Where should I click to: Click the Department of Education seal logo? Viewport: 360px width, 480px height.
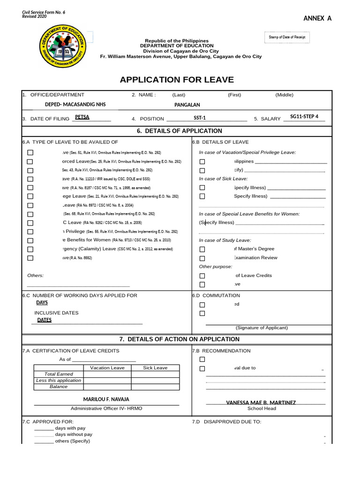pyautogui.click(x=63, y=50)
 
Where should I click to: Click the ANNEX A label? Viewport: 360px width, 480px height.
pyautogui.click(x=317, y=18)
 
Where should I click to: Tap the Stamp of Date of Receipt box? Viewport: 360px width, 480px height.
pyautogui.click(x=287, y=37)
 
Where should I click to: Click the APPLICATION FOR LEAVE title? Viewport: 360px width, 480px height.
pyautogui.click(x=177, y=80)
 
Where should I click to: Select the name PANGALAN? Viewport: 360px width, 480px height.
pyautogui.click(x=187, y=105)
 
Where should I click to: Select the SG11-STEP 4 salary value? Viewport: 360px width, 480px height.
pyautogui.click(x=304, y=117)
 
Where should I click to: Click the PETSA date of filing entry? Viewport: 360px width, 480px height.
pyautogui.click(x=82, y=117)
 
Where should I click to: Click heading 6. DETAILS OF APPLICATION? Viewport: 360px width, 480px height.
pyautogui.click(x=180, y=131)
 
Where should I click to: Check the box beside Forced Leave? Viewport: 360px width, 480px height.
pyautogui.click(x=30, y=162)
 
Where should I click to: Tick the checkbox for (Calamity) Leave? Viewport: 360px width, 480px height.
pyautogui.click(x=30, y=249)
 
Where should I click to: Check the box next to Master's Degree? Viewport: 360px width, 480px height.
pyautogui.click(x=202, y=249)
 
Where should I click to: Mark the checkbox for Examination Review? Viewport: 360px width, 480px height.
pyautogui.click(x=202, y=258)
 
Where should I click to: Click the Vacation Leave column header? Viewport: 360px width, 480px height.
pyautogui.click(x=107, y=368)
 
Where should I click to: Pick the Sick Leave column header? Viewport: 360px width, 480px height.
pyautogui.click(x=155, y=368)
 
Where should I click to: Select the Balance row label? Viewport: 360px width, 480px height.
pyautogui.click(x=59, y=387)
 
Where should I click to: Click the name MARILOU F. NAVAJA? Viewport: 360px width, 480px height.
pyautogui.click(x=106, y=399)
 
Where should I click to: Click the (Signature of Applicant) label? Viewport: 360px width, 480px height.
pyautogui.click(x=262, y=328)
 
